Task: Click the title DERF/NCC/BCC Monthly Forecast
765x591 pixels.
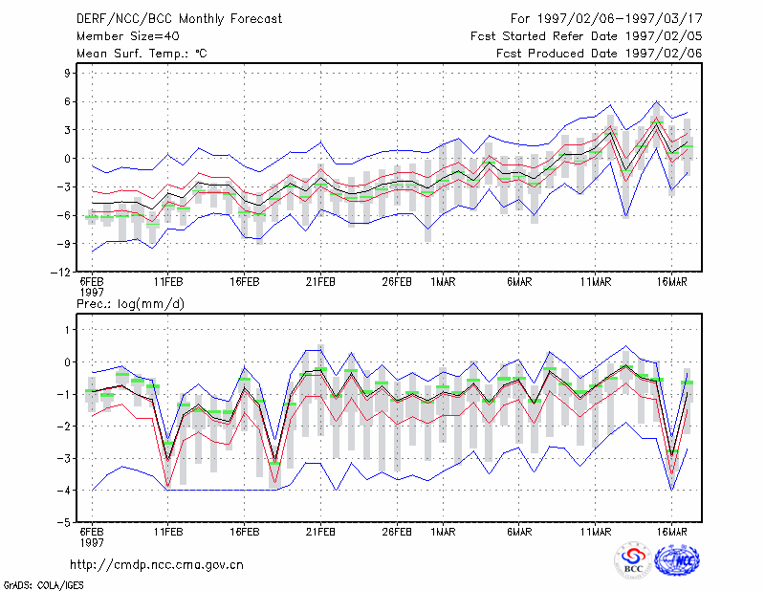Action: pyautogui.click(x=179, y=19)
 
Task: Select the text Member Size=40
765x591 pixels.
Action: pyautogui.click(x=128, y=36)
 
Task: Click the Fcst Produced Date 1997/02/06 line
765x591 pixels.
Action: pyautogui.click(x=600, y=54)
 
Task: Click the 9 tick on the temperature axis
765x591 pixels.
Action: pyautogui.click(x=67, y=74)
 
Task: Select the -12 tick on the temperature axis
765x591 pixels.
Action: pyautogui.click(x=61, y=272)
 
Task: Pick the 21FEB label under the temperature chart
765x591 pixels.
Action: pyautogui.click(x=320, y=281)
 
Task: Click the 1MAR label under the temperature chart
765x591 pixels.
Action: pyautogui.click(x=443, y=281)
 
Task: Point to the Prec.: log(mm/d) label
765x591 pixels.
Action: pyautogui.click(x=130, y=304)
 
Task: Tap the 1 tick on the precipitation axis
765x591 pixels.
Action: pyautogui.click(x=67, y=330)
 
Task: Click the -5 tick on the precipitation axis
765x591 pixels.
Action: pyautogui.click(x=63, y=522)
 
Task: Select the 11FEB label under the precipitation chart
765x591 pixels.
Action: pyautogui.click(x=168, y=532)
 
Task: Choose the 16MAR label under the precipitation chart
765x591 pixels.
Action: pyautogui.click(x=672, y=532)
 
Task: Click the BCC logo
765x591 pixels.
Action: pyautogui.click(x=633, y=559)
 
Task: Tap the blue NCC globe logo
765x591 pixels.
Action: pyautogui.click(x=677, y=560)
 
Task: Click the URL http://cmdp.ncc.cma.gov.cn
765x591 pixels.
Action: pyautogui.click(x=157, y=565)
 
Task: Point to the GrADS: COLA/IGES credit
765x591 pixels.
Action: pyautogui.click(x=43, y=584)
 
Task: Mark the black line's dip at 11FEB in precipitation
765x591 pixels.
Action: pyautogui.click(x=168, y=460)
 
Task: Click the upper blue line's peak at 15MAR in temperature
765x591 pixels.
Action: pyautogui.click(x=657, y=101)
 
